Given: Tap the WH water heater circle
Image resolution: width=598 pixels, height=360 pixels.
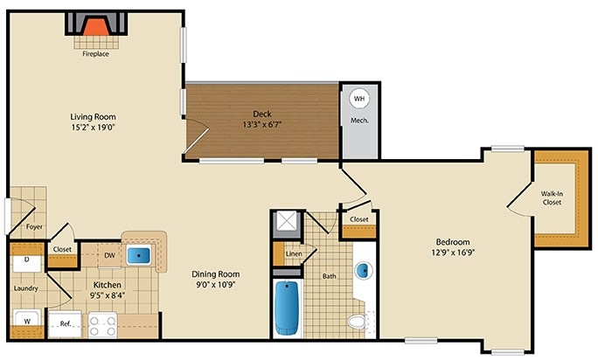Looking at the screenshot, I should click(359, 100).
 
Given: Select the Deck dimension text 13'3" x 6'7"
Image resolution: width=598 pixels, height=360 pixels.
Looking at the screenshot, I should click(261, 125).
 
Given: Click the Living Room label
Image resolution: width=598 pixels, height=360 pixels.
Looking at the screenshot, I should click(94, 116).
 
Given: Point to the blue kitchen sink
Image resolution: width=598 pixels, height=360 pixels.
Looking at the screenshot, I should click(139, 256).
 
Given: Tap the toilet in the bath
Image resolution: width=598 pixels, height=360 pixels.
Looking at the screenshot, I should click(356, 322).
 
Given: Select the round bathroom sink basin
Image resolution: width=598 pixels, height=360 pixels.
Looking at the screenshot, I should click(363, 272).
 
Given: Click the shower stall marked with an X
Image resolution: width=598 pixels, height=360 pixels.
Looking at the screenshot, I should click(285, 225).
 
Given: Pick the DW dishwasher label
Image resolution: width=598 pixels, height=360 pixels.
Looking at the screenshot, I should click(110, 255).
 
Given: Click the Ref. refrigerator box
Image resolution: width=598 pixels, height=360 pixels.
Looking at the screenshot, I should click(64, 324).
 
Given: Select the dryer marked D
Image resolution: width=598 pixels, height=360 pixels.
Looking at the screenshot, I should click(27, 260).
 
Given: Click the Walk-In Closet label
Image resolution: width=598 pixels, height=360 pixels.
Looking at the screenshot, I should click(551, 197).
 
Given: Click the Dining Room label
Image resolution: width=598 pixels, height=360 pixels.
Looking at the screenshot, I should click(215, 273).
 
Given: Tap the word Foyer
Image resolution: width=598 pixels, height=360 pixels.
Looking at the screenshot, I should click(34, 227).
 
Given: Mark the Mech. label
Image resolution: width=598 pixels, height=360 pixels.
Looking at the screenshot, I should click(358, 120).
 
